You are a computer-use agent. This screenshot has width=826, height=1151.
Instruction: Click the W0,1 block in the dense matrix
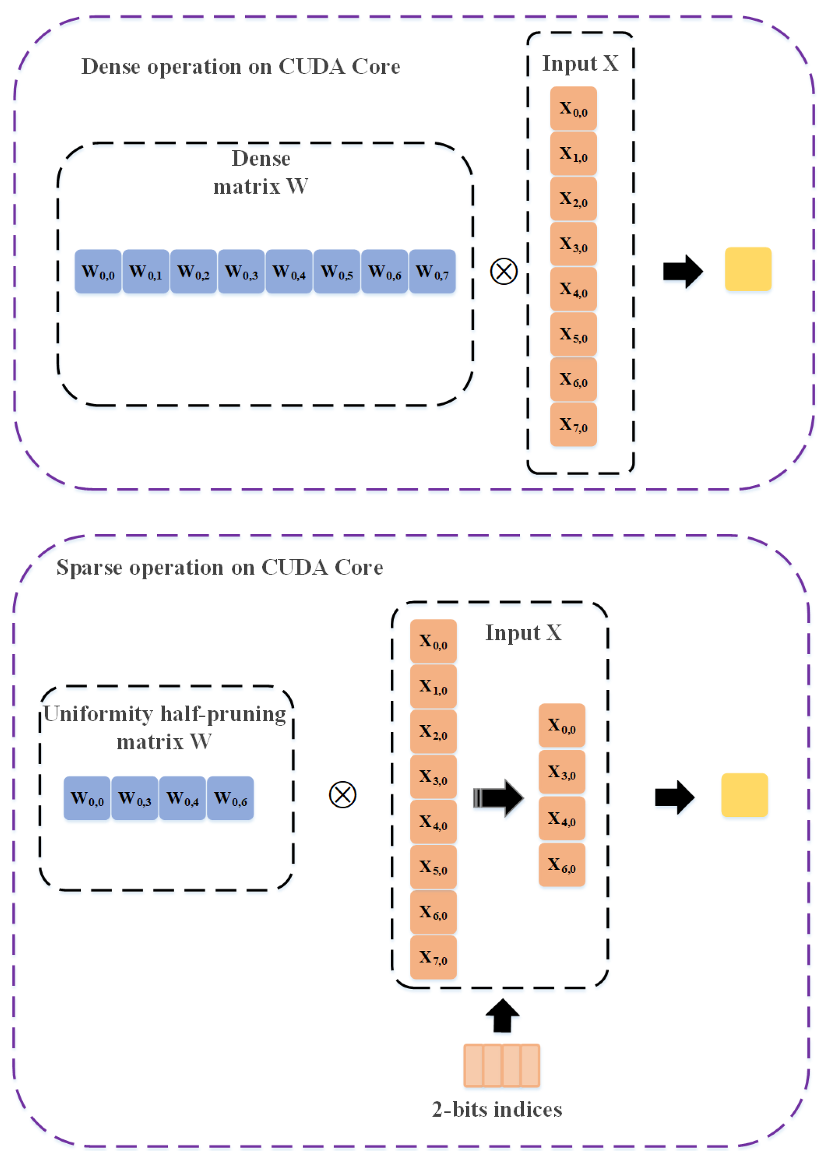(x=146, y=271)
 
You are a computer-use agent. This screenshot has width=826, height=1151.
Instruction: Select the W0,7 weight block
(x=432, y=271)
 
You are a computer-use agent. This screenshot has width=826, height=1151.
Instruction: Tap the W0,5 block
(x=337, y=271)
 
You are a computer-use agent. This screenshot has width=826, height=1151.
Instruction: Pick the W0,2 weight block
(x=193, y=271)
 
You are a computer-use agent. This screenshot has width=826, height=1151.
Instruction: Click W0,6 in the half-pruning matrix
(x=231, y=798)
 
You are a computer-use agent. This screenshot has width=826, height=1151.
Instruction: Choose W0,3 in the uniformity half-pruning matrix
(x=135, y=798)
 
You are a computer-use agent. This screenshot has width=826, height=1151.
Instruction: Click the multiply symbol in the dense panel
(x=504, y=271)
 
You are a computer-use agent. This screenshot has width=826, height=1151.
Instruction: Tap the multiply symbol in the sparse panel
(x=343, y=795)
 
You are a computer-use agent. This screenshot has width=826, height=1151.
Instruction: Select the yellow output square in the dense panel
(x=748, y=269)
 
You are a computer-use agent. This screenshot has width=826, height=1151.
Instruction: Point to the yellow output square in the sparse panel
(x=744, y=795)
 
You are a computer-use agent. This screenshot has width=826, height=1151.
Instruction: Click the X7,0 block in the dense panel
(x=573, y=424)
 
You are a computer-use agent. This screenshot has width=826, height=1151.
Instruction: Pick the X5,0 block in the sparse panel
(x=433, y=867)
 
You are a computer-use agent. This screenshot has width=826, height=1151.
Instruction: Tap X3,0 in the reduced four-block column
(x=562, y=771)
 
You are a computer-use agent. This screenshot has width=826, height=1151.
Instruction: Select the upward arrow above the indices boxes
(x=502, y=1015)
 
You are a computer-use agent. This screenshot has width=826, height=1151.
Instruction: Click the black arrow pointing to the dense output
(x=683, y=271)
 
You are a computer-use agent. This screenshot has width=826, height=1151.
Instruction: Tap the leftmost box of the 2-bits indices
(x=474, y=1065)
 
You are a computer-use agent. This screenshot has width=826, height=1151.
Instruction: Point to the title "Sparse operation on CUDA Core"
(x=220, y=567)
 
